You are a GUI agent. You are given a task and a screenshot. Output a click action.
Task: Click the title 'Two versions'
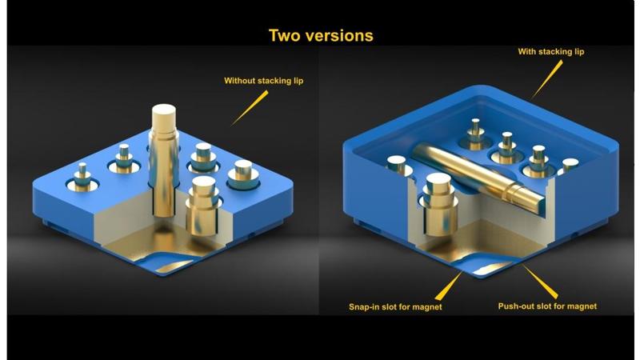pos(320,35)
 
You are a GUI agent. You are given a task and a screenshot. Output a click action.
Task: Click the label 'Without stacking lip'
pos(263,80)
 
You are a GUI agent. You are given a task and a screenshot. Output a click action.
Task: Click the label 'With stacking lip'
pos(551,51)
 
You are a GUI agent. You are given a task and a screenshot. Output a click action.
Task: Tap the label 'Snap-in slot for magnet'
pos(395,306)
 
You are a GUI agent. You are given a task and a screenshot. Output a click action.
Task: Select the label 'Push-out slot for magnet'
pos(547,306)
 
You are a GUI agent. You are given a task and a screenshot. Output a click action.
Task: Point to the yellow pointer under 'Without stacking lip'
pos(248,107)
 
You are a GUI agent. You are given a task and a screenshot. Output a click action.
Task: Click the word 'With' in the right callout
pos(527,51)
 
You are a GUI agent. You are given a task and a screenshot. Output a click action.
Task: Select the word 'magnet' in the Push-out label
pos(580,306)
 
